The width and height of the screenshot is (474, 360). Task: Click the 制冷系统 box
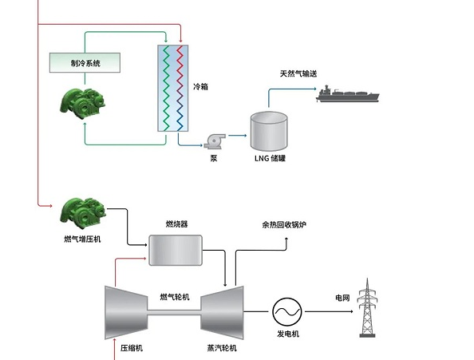tap(85, 63)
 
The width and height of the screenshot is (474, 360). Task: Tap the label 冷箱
tap(200, 87)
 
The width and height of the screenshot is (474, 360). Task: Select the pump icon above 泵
tap(215, 141)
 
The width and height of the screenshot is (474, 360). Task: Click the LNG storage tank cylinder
tap(269, 131)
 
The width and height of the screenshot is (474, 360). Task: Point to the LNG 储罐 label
tap(270, 158)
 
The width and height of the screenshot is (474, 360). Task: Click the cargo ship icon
tap(347, 94)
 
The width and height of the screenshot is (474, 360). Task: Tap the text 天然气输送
tap(298, 73)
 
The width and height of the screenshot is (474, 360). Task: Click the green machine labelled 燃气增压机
tap(83, 211)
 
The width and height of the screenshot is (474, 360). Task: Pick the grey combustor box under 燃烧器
tap(176, 251)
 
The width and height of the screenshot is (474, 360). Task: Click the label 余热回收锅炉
tap(284, 224)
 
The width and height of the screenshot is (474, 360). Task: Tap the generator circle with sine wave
tap(287, 312)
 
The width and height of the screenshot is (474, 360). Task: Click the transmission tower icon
tap(367, 307)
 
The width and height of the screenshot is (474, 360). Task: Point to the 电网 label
tap(342, 298)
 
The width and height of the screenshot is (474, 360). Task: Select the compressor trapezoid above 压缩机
tap(126, 313)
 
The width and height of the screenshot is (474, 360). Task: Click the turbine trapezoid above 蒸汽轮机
tap(222, 313)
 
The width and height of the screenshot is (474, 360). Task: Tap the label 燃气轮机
tap(175, 297)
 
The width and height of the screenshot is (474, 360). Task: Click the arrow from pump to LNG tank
tap(238, 136)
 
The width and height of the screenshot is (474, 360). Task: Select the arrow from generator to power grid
tap(329, 311)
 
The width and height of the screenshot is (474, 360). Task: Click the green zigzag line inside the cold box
tap(166, 89)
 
